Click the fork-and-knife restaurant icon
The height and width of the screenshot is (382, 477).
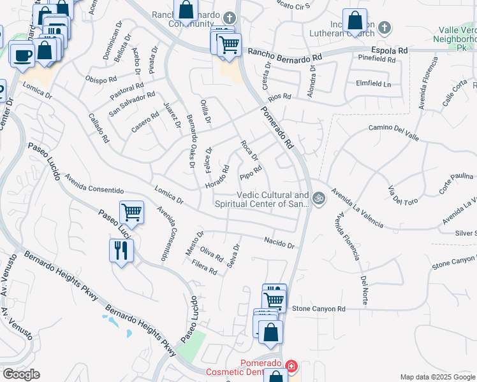[121, 249]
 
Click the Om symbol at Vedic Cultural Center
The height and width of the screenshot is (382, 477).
[319, 198]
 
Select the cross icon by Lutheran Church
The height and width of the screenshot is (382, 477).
[383, 28]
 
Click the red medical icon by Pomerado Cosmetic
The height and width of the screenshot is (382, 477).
[291, 366]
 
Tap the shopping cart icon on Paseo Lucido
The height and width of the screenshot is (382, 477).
[131, 212]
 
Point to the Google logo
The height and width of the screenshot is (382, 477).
[21, 374]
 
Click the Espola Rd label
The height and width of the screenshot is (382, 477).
[390, 50]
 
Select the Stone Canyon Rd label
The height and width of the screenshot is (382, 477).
[318, 309]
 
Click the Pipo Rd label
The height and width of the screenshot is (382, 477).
[251, 172]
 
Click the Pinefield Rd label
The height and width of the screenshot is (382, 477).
[376, 59]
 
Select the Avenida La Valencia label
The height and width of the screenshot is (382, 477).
[357, 208]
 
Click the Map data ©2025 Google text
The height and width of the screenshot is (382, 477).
[437, 377]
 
